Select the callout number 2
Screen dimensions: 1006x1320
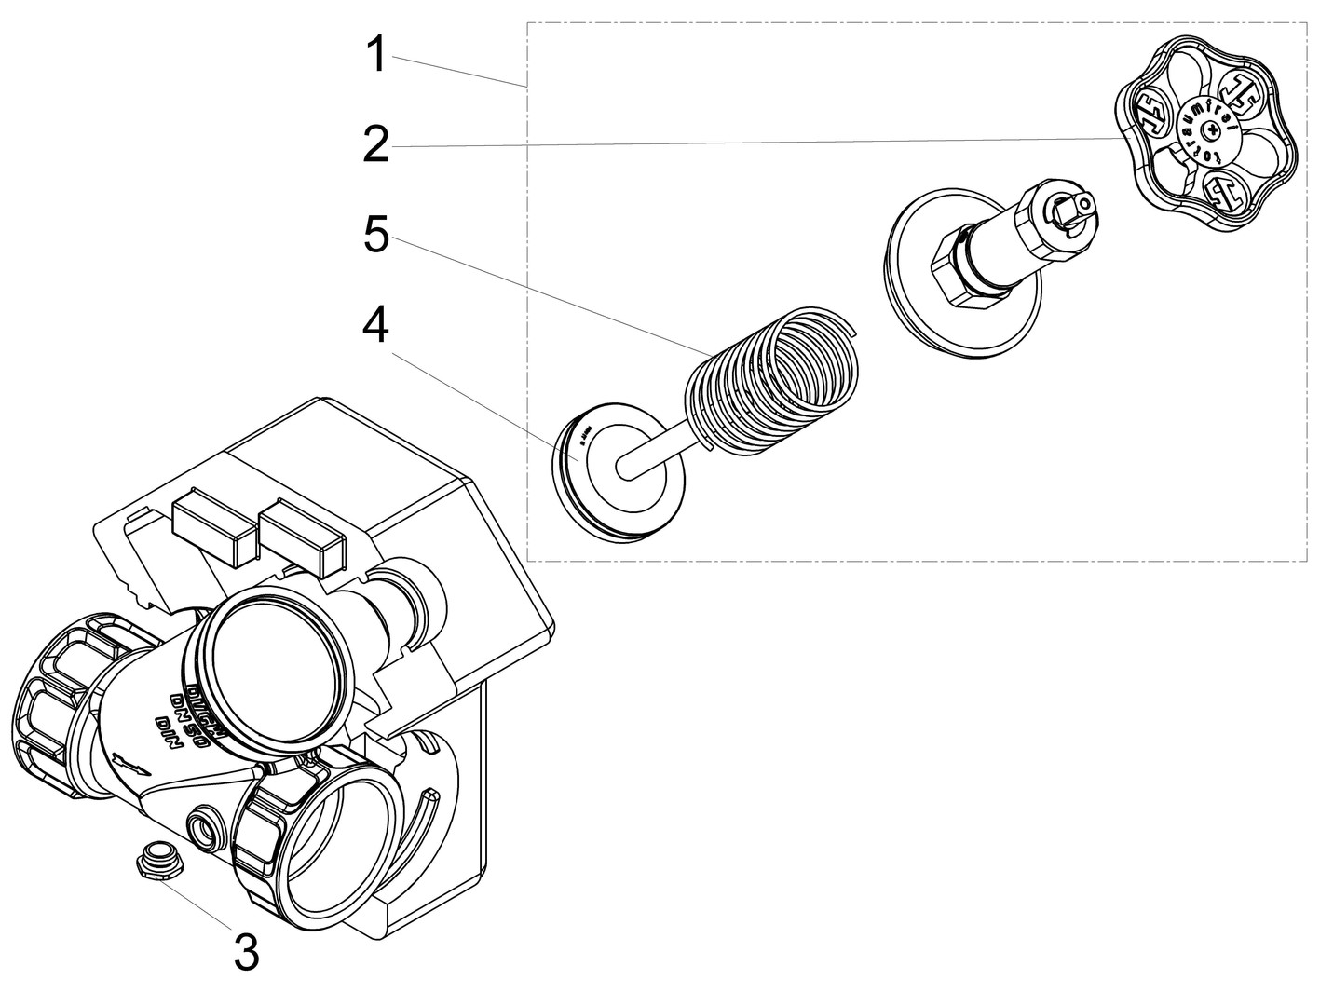(376, 145)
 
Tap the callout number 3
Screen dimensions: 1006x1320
(246, 950)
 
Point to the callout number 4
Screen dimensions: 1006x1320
(376, 325)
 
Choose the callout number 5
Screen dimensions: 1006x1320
(376, 235)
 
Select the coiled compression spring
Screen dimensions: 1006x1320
(773, 382)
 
